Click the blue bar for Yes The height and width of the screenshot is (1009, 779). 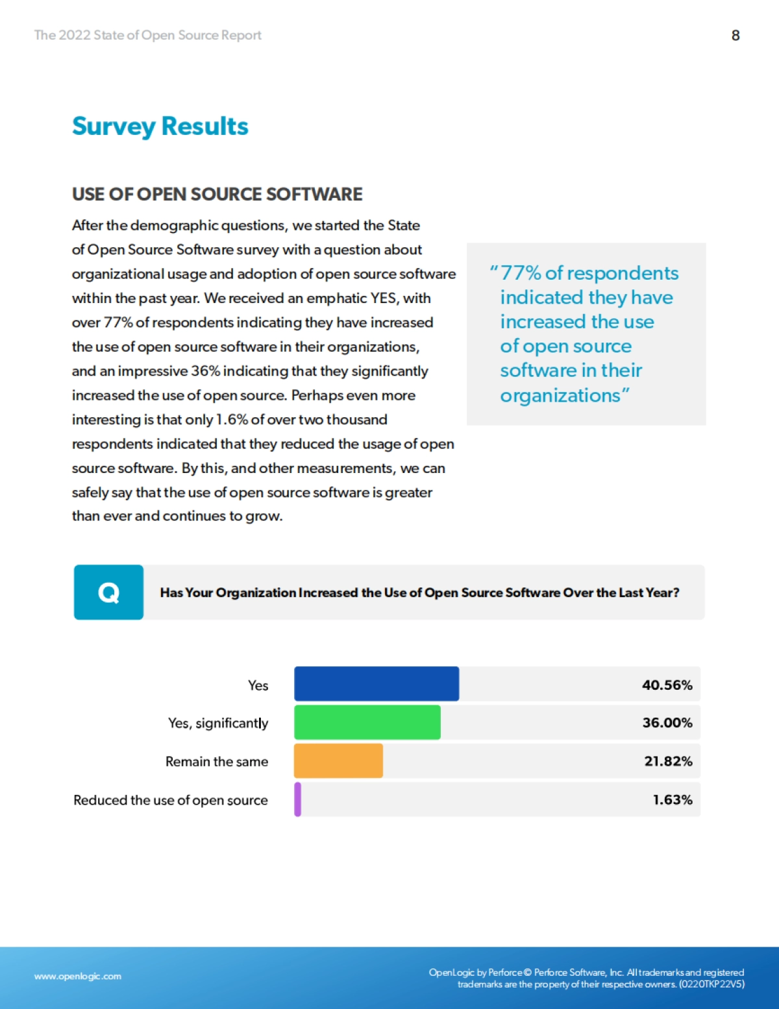point(377,684)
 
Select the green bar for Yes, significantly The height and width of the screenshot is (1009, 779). point(367,722)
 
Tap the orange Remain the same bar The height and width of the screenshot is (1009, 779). point(338,760)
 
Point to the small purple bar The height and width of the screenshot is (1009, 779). point(298,799)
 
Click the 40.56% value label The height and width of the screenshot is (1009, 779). point(667,685)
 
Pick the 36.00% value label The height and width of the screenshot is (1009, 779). point(667,723)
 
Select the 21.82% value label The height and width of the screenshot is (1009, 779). point(668,761)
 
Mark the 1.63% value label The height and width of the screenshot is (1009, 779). point(673,800)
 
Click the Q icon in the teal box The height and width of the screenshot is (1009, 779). point(108,592)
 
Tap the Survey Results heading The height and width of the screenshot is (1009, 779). point(160,126)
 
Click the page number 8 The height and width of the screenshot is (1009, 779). point(736,36)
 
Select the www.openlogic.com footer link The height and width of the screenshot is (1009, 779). point(78,976)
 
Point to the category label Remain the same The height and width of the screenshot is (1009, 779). point(216,761)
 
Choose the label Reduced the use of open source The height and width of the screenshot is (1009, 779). point(170,800)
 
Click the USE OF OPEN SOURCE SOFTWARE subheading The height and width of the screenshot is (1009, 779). point(217,194)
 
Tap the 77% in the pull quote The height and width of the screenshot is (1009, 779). point(521,273)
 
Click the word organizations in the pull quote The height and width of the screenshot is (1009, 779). point(560,395)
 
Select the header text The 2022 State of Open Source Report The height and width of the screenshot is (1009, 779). point(147,35)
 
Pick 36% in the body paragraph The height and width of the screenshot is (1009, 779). point(205,371)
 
